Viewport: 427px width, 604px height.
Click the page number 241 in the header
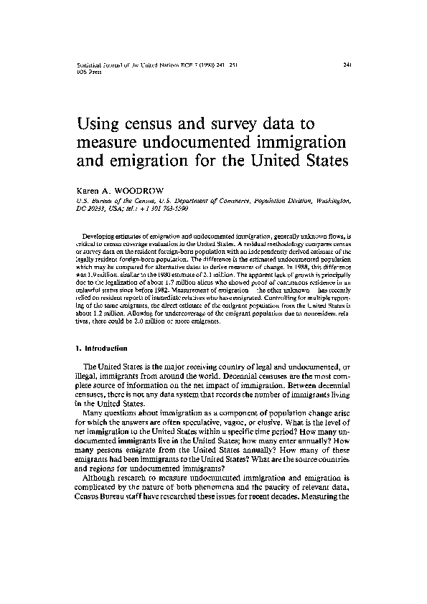point(348,64)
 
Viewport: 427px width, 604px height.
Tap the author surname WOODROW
point(144,192)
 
